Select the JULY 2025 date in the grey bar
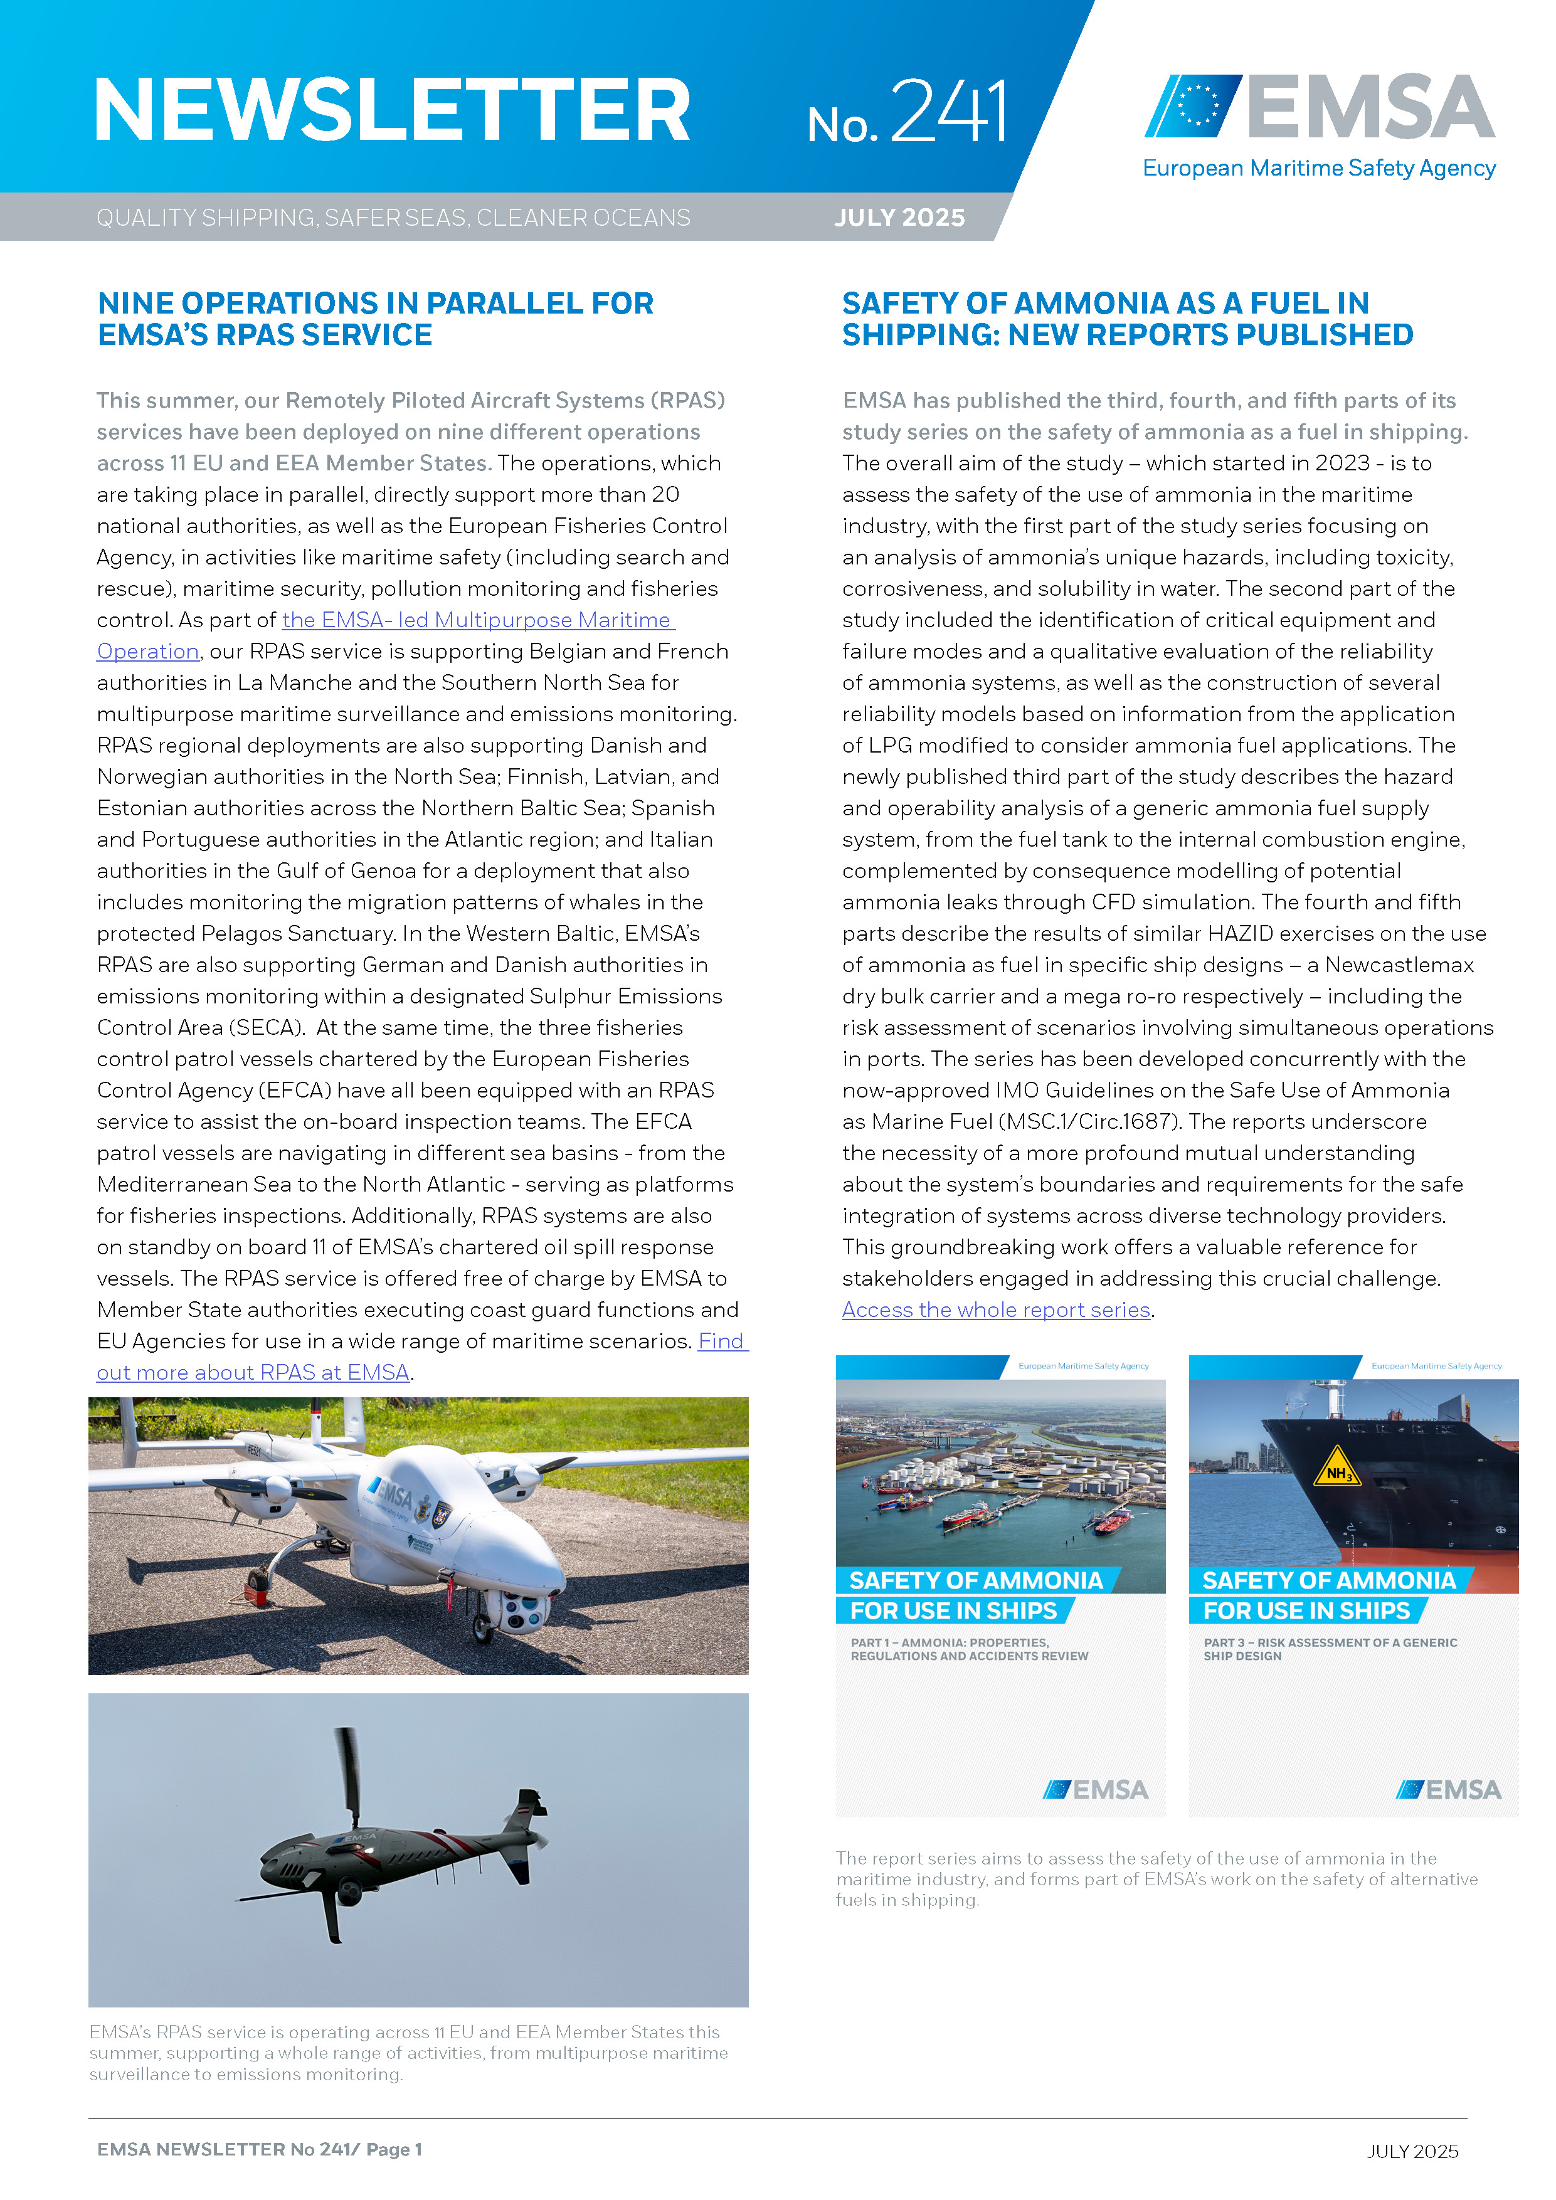click(x=899, y=218)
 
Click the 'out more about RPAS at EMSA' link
click(x=253, y=1372)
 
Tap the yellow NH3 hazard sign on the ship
click(x=1336, y=1471)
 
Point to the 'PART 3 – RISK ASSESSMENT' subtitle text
click(x=1329, y=1648)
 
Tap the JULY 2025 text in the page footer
click(x=1411, y=2151)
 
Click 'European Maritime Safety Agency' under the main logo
click(x=1318, y=169)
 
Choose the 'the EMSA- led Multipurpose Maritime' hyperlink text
click(x=477, y=620)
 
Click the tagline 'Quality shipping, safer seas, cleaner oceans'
click(x=393, y=218)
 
